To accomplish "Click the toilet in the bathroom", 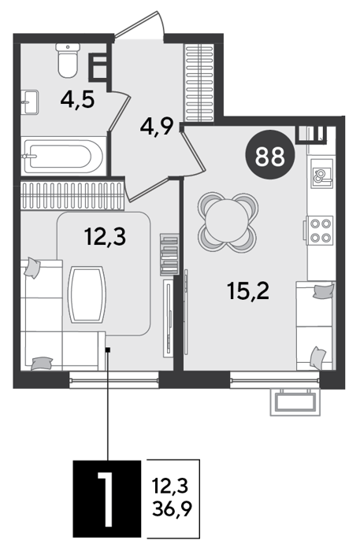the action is click(x=68, y=60).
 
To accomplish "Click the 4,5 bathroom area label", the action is click(x=77, y=100).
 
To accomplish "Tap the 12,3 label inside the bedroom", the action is click(x=105, y=236).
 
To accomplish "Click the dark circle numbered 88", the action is click(x=270, y=154).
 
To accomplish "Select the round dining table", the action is click(x=228, y=222).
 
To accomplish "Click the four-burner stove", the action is click(x=320, y=230).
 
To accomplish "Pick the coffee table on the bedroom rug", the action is click(x=87, y=294).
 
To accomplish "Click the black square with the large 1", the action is click(x=107, y=498).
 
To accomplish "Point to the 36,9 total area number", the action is click(x=173, y=508).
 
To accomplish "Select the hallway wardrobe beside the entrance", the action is click(x=199, y=83).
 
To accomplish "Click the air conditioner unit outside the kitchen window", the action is click(x=295, y=401).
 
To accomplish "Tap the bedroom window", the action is click(x=114, y=379).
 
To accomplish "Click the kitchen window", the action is click(x=275, y=379).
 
